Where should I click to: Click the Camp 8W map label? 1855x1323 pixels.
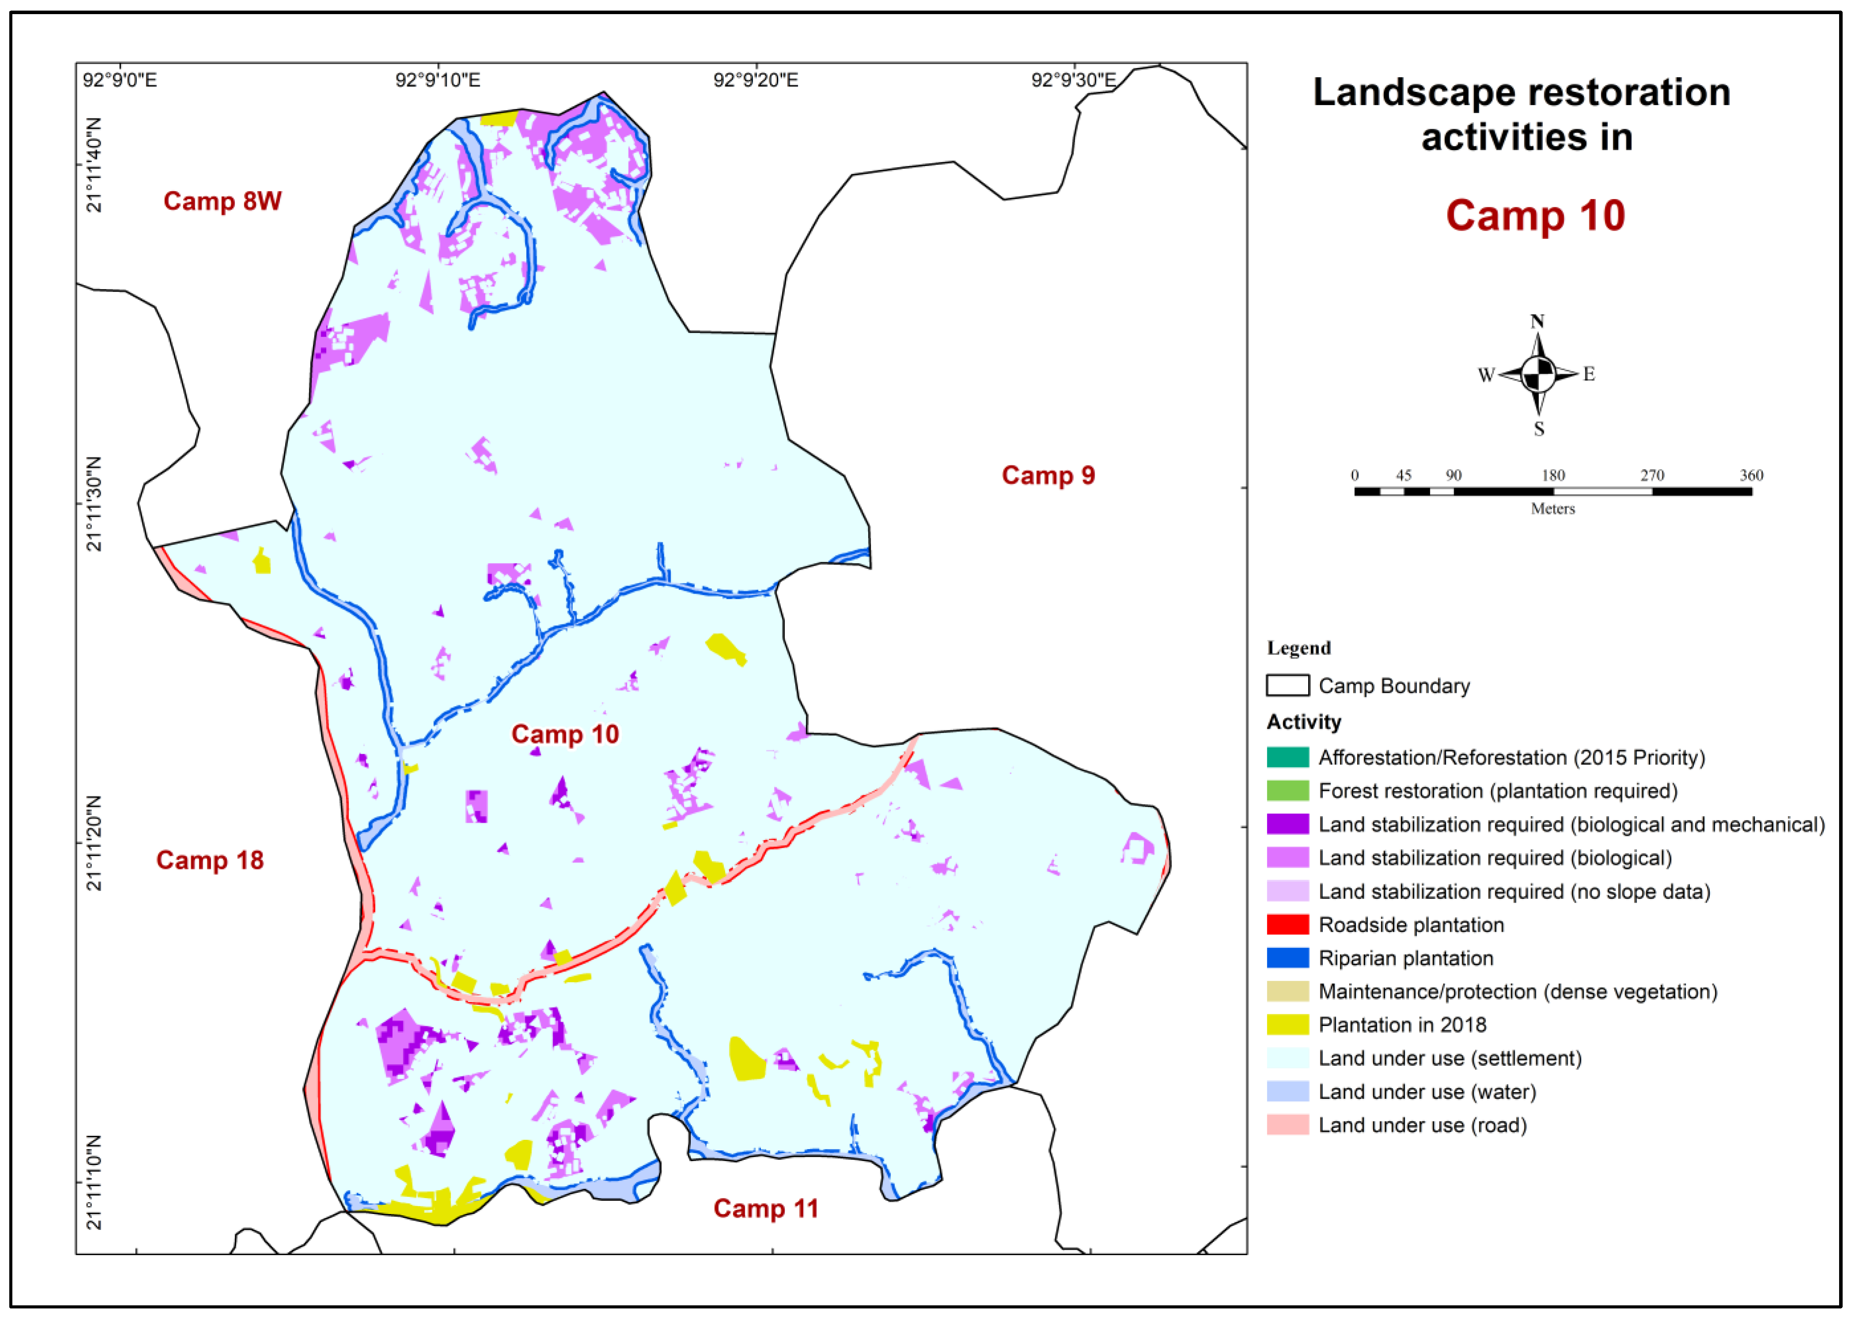[222, 201]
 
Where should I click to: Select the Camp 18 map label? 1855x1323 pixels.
[210, 860]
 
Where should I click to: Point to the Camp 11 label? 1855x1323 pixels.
[766, 1208]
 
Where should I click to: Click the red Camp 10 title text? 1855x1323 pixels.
[1535, 216]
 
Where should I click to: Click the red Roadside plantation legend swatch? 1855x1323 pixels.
[1287, 925]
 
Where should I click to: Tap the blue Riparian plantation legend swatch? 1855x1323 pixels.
[1287, 958]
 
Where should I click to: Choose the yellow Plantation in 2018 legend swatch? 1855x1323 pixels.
[1287, 1025]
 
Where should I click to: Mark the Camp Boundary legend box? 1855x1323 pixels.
[1287, 685]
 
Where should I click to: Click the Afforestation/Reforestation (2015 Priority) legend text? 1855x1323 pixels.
[1511, 758]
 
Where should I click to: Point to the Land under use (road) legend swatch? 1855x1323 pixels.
[1287, 1125]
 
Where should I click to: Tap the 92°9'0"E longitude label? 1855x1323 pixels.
[120, 80]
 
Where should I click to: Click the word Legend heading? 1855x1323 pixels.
[1298, 648]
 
